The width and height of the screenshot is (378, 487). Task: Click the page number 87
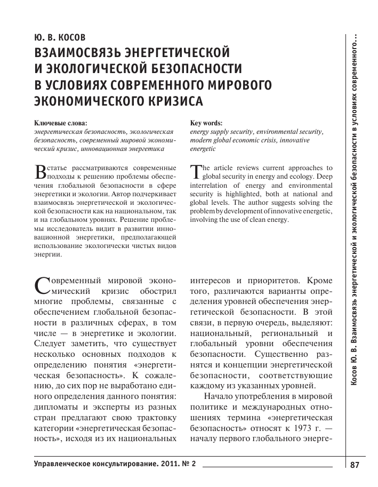(355, 465)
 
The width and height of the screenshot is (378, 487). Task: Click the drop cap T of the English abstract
(195, 171)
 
